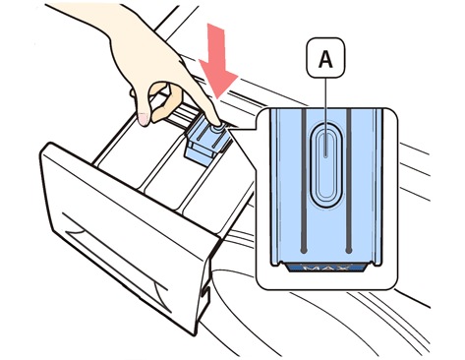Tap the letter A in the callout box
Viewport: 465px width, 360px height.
pos(325,59)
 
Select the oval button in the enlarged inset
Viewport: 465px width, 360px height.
pos(325,166)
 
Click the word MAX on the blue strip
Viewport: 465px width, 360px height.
pos(326,268)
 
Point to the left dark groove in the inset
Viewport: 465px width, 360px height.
pos(304,181)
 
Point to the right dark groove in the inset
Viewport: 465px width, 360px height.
pos(348,181)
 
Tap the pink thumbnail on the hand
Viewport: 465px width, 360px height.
pos(144,119)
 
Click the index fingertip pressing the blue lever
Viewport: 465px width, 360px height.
pos(217,122)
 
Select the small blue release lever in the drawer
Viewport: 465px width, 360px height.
pos(204,142)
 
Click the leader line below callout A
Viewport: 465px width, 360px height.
pos(325,117)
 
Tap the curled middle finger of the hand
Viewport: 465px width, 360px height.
pos(168,101)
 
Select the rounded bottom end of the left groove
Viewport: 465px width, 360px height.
pos(304,250)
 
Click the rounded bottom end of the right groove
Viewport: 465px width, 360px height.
pos(349,250)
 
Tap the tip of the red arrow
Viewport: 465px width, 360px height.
pos(217,99)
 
